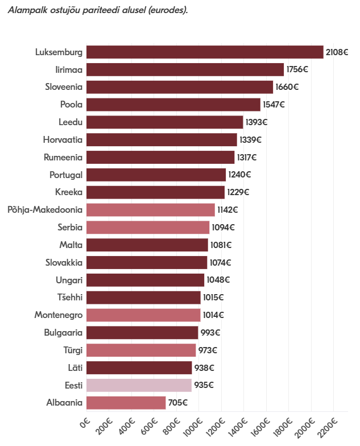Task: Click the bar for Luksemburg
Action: coord(205,52)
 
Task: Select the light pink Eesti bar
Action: coord(139,385)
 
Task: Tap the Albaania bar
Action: coord(126,403)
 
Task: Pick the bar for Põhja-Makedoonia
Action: coord(151,210)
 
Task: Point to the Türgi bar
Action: coord(141,350)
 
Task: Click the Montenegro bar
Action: coord(143,315)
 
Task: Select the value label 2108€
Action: coord(337,52)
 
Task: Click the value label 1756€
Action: coord(297,69)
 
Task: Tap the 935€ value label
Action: coord(204,385)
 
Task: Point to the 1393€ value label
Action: coord(256,122)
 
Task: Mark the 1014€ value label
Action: coord(213,315)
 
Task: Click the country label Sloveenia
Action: coord(64,87)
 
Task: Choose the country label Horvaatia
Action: coord(63,140)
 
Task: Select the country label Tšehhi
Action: coord(70,297)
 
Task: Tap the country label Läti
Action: coord(75,367)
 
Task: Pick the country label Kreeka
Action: coord(69,192)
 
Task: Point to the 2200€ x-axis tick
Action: coord(328,428)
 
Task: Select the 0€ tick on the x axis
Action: coord(85,423)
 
